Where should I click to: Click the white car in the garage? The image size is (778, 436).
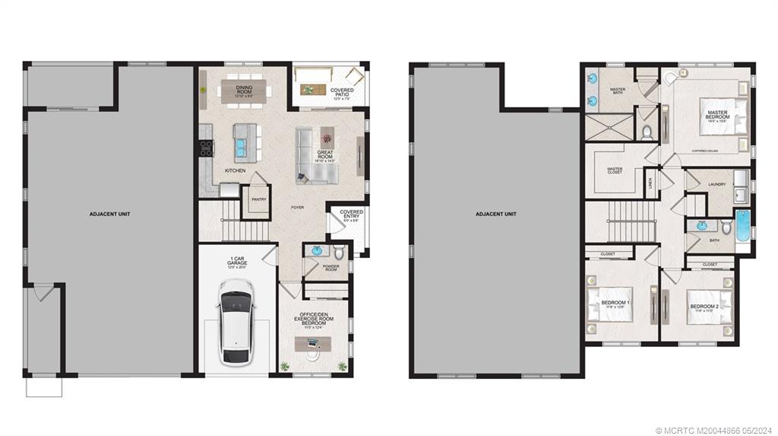click(235, 323)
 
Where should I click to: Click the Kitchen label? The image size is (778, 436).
click(235, 170)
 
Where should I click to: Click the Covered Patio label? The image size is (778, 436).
click(341, 93)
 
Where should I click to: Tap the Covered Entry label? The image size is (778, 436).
click(351, 215)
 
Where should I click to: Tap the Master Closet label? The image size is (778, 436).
click(615, 170)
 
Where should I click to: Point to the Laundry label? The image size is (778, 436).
click(716, 184)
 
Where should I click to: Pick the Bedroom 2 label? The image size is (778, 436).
click(703, 307)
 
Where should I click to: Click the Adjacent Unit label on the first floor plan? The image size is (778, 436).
click(111, 214)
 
